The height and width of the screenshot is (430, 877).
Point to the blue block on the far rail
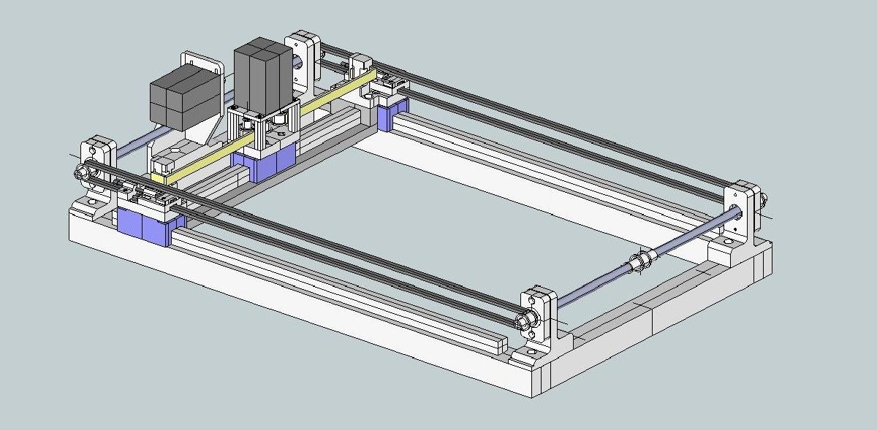pos(393,114)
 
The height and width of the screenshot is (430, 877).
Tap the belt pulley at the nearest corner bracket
pos(521,320)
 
